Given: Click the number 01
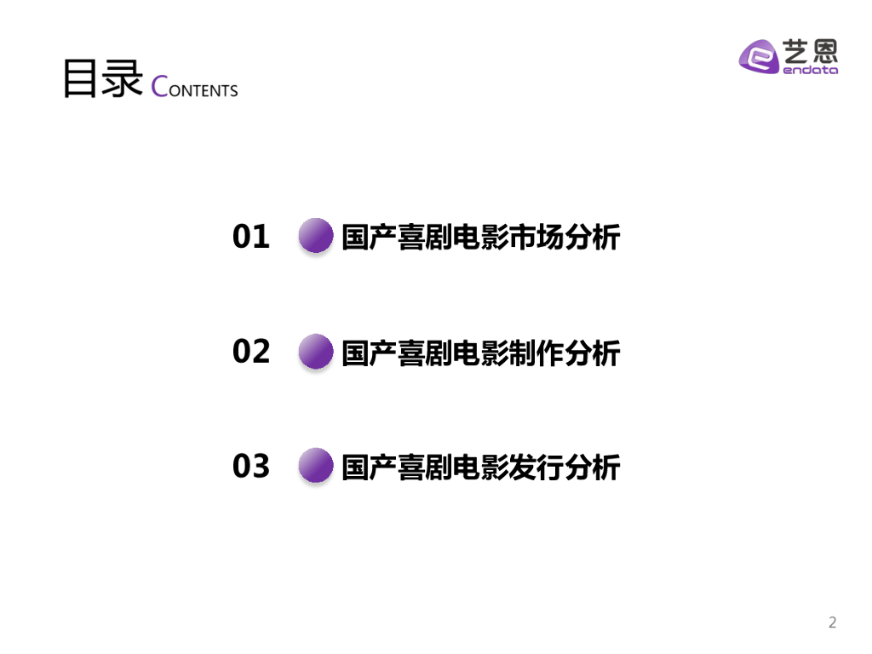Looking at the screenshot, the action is pyautogui.click(x=251, y=237).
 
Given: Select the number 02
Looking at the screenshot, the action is pyautogui.click(x=251, y=352).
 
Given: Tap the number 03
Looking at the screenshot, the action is pyautogui.click(x=251, y=467).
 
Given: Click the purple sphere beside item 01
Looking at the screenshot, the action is pyautogui.click(x=316, y=236).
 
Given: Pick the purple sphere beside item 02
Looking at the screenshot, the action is pyautogui.click(x=316, y=351).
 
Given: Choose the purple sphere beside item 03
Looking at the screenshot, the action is pyautogui.click(x=316, y=466).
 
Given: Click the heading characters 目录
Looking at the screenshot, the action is pyautogui.click(x=102, y=79).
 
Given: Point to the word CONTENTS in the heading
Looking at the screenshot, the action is pyautogui.click(x=195, y=88).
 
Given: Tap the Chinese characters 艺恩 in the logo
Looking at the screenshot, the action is pyautogui.click(x=810, y=52).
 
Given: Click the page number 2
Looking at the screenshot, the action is pyautogui.click(x=833, y=622).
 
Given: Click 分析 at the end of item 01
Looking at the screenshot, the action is pyautogui.click(x=593, y=238).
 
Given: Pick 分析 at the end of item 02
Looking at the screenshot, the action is pyautogui.click(x=593, y=353).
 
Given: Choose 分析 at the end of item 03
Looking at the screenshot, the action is pyautogui.click(x=593, y=468).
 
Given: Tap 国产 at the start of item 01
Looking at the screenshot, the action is pyautogui.click(x=369, y=238).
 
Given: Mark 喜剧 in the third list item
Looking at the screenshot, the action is pyautogui.click(x=424, y=468).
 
